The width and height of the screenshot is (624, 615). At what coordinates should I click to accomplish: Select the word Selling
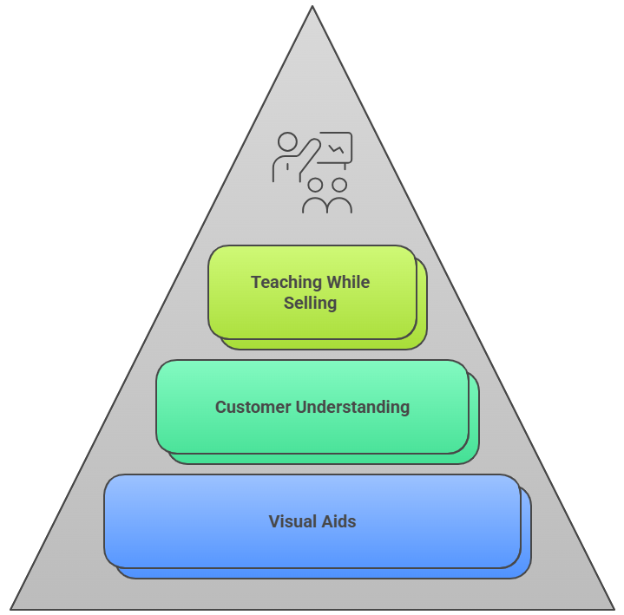tap(310, 304)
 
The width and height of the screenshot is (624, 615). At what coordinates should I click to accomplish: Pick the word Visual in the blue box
tap(293, 521)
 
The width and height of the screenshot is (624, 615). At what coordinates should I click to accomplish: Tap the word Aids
tap(339, 521)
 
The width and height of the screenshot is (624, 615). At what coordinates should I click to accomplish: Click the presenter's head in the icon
tap(287, 141)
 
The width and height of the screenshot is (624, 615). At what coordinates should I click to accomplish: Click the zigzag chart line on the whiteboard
tap(335, 149)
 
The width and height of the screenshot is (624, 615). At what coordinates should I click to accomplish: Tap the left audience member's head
tap(315, 185)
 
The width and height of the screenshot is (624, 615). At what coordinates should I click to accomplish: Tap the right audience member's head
tap(339, 185)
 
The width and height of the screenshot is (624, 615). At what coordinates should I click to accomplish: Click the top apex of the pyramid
tap(312, 9)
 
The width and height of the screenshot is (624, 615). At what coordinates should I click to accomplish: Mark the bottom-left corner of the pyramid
tap(12, 607)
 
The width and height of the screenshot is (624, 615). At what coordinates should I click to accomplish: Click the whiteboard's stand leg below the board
tap(345, 166)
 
